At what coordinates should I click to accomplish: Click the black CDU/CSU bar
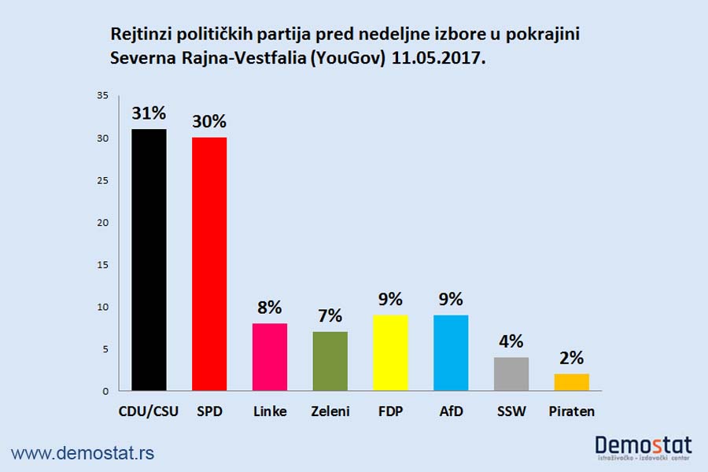[149, 260]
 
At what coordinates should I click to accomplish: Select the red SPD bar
[209, 264]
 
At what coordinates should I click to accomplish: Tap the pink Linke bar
[270, 356]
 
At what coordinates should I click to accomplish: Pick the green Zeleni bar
[330, 361]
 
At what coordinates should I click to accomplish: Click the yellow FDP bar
[390, 352]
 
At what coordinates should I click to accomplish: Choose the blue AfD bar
[451, 352]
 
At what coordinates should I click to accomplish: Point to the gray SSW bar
[511, 374]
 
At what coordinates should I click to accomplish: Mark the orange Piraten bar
[572, 382]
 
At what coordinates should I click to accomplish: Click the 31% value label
[149, 114]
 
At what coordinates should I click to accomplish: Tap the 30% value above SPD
[209, 122]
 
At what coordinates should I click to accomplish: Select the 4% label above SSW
[511, 342]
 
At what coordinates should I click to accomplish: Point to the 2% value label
[572, 359]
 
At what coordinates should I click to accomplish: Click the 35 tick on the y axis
[102, 96]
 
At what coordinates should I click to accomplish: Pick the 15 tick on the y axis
[102, 264]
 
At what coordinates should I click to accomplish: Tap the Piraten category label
[572, 411]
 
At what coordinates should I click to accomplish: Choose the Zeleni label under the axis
[330, 411]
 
